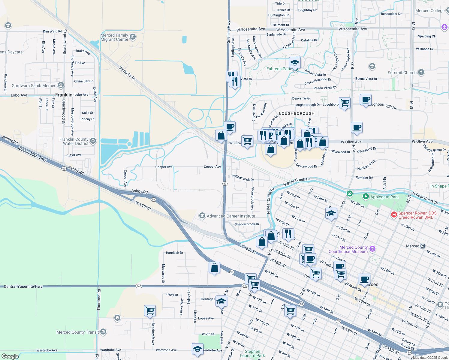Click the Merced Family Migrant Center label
coord(114,37)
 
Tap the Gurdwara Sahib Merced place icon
coord(61,85)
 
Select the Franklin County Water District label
coord(74,141)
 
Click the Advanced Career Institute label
coord(231,216)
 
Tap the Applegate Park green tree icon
coord(366,197)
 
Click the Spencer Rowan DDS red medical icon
coord(394,215)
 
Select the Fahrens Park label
coord(279,69)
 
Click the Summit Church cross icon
coord(421,72)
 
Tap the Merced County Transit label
coord(77,332)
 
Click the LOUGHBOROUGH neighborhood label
coord(297,113)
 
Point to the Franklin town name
coord(64,95)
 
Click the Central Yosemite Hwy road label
coord(23,286)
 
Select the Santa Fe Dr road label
coord(127,73)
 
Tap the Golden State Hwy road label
coord(32,154)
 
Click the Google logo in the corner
coord(10,356)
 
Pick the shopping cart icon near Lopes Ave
coord(150,310)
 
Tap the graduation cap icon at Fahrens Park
coord(295,63)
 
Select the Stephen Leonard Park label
coord(252,353)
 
